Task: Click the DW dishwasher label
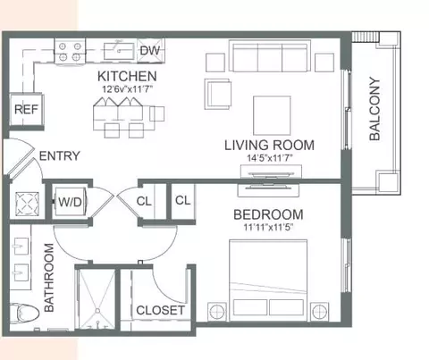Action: tap(150, 51)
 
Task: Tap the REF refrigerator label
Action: tap(26, 109)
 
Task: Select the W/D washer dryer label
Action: tap(70, 202)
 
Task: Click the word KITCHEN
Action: tap(127, 76)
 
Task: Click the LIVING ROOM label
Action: tap(269, 146)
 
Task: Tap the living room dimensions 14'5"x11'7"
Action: tap(269, 158)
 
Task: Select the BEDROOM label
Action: tap(268, 214)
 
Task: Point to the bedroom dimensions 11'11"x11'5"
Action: tap(268, 228)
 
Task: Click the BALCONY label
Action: tap(374, 109)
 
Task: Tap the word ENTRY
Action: tap(60, 156)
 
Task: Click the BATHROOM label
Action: tap(49, 278)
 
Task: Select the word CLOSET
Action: tap(160, 311)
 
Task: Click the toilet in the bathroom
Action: tap(24, 314)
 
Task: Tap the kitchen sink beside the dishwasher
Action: tap(119, 51)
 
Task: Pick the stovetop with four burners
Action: tap(70, 51)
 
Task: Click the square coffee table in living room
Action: tap(272, 115)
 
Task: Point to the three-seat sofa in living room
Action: tap(270, 56)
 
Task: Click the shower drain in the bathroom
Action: tap(97, 311)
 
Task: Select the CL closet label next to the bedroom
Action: tap(183, 200)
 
